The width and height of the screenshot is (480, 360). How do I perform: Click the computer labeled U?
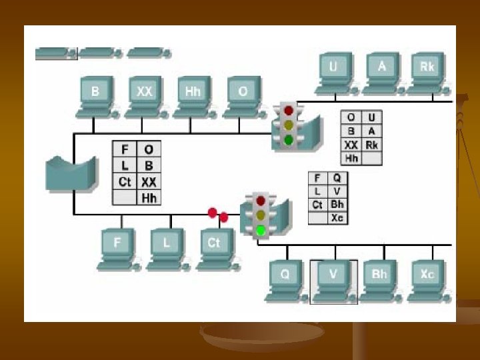(x=333, y=69)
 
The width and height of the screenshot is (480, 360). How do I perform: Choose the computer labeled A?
(x=381, y=69)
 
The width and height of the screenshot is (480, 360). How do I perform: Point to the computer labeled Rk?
(x=427, y=69)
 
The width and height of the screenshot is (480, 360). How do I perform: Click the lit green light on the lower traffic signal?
(x=261, y=231)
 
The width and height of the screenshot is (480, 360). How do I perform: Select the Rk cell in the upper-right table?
(x=371, y=145)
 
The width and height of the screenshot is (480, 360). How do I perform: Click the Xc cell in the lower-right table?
(x=337, y=217)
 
